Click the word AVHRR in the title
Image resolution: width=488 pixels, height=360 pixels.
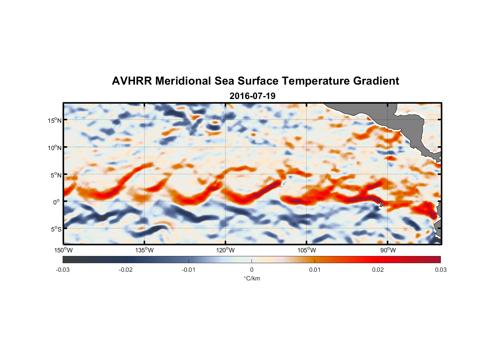[x=132, y=81]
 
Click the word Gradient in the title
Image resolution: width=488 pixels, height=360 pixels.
[x=376, y=81]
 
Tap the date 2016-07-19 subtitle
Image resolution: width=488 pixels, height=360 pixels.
[x=252, y=96]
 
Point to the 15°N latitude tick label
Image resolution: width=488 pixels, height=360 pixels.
[x=55, y=120]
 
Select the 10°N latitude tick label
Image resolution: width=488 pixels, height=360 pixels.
[x=55, y=148]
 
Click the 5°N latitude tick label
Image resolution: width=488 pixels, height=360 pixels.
[x=56, y=175]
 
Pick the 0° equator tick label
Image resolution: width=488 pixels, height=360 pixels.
[x=57, y=202]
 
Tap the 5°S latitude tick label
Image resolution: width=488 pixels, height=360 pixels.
[x=56, y=229]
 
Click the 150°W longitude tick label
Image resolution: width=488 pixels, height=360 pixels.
[x=63, y=250]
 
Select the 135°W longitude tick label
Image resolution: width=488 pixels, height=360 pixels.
[x=144, y=250]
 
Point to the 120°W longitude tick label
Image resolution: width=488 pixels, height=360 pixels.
[x=225, y=250]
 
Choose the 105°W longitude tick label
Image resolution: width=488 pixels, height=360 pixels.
[x=307, y=250]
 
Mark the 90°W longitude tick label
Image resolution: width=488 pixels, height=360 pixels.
[x=388, y=250]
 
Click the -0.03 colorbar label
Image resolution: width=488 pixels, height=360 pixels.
[x=63, y=270]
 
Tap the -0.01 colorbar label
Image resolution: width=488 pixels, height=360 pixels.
[x=189, y=270]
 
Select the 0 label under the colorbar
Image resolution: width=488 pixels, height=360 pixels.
[x=252, y=270]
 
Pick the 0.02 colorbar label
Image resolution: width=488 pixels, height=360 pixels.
[x=378, y=270]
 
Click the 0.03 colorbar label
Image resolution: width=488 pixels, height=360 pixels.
[x=440, y=270]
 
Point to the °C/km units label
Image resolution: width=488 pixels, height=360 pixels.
[x=252, y=278]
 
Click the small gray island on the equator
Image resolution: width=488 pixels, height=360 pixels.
[x=380, y=204]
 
